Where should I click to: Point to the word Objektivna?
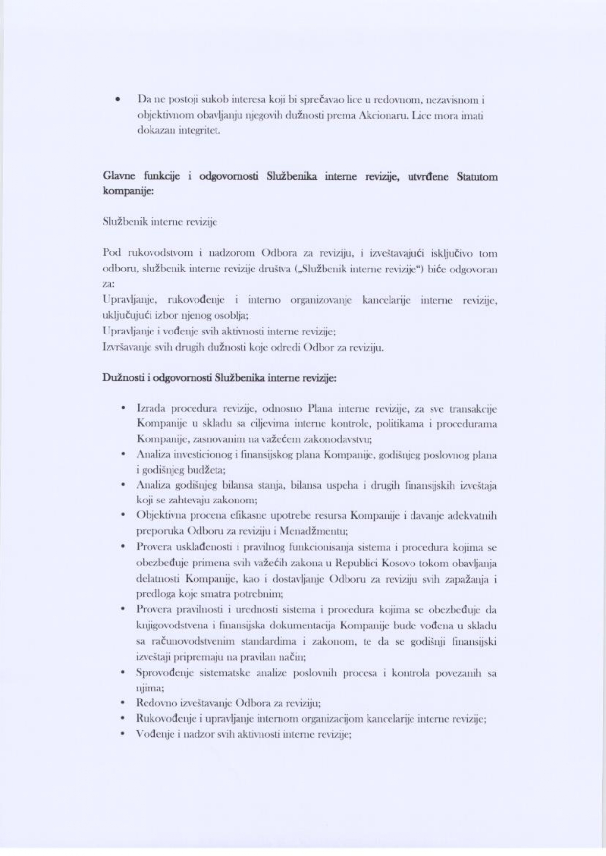[162, 516]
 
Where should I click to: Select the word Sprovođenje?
[165, 673]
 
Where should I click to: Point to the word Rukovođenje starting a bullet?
[165, 719]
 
